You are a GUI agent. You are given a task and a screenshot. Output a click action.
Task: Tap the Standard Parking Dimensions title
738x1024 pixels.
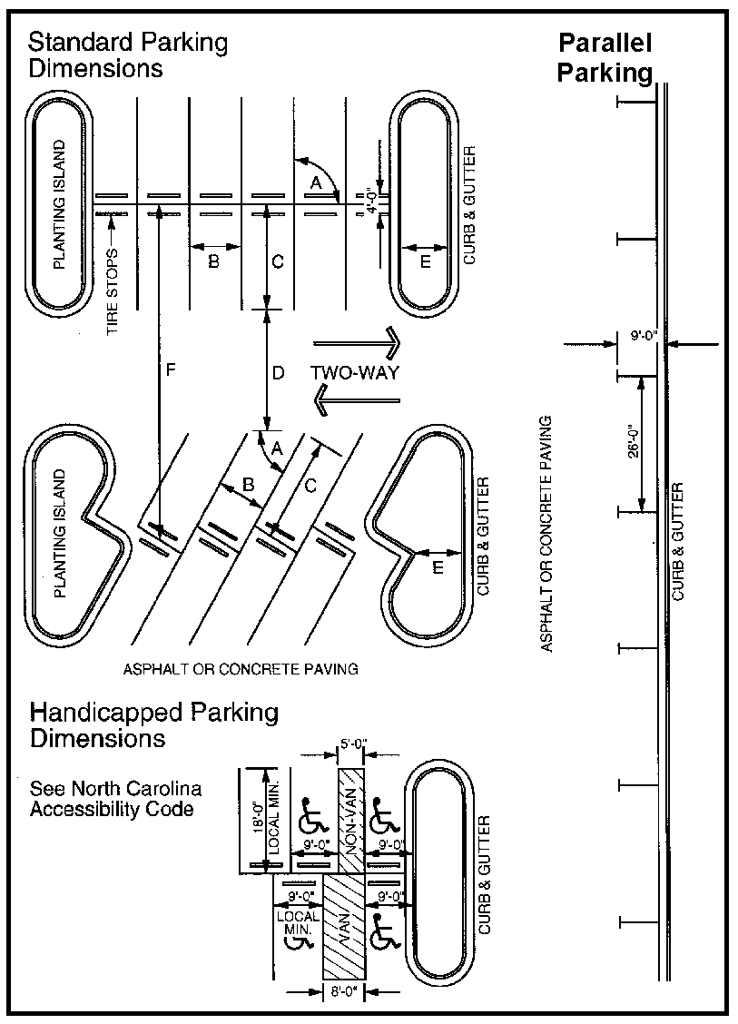coord(128,54)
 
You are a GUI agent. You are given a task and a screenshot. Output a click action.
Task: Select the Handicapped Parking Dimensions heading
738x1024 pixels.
coord(154,724)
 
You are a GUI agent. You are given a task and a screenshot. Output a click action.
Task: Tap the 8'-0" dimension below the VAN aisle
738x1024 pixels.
coord(344,992)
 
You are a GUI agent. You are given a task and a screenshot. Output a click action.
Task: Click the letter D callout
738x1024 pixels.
coord(279,372)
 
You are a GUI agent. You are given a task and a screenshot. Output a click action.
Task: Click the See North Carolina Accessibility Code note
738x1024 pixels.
coord(115,798)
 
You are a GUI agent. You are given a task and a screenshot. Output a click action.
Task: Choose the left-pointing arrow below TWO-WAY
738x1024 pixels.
coord(354,399)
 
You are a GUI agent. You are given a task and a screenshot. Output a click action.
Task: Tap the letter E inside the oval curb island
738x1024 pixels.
coord(427,262)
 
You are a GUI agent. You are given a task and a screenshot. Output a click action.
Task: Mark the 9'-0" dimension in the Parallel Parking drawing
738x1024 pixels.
coord(644,335)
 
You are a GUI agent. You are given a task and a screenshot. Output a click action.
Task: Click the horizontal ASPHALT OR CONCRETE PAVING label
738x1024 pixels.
coord(241,669)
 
